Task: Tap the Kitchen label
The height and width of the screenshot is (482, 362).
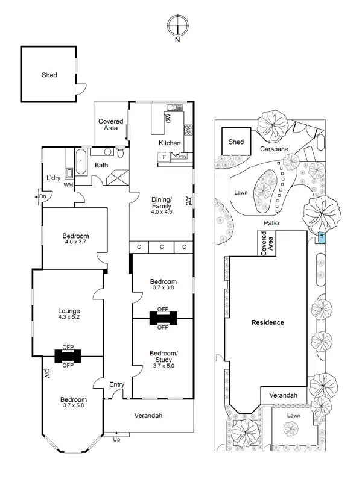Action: (170, 143)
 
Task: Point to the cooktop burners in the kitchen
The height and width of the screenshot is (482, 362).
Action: (188, 128)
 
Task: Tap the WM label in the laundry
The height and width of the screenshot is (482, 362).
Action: (68, 184)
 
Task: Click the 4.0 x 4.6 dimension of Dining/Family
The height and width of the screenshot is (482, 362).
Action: (161, 212)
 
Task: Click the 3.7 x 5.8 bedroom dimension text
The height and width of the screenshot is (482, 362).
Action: (72, 406)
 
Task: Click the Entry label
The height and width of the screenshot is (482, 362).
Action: (116, 384)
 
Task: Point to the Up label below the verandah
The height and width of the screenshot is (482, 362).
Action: (117, 440)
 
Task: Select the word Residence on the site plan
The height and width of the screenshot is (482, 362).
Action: (267, 322)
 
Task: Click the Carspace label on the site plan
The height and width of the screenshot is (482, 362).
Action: (274, 148)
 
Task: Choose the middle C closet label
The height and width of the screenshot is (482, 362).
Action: (162, 247)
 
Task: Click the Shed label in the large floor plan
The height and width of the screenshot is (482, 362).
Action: (49, 75)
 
